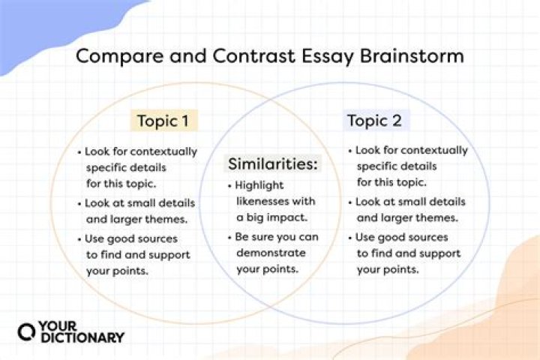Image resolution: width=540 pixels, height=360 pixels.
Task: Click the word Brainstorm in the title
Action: point(415,56)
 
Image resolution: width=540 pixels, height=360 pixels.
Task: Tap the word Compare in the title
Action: point(118,56)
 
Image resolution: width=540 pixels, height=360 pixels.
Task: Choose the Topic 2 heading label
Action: point(377,121)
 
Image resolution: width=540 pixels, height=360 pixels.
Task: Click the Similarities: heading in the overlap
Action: point(273,163)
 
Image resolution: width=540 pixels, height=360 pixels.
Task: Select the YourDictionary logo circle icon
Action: point(27,331)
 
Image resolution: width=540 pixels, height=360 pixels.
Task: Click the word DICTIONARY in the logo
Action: point(82,337)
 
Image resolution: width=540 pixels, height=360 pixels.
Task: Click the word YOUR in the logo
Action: point(58,324)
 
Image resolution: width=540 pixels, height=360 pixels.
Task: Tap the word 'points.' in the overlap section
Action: point(283,268)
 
